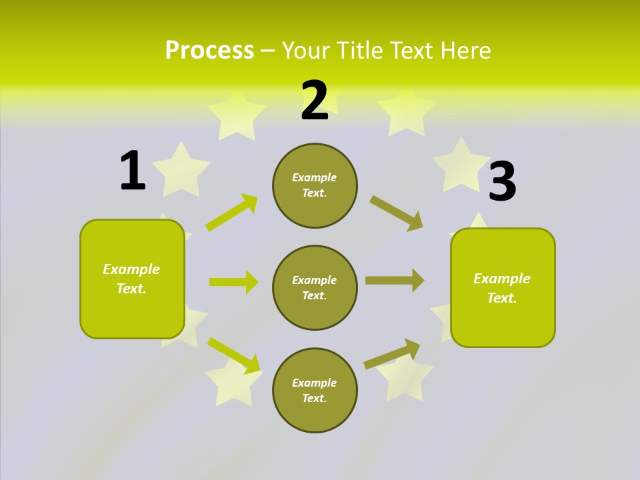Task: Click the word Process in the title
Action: click(209, 51)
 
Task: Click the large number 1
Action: click(133, 171)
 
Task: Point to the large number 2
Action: click(315, 101)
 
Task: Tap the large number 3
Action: click(502, 182)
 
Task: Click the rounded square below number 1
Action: click(132, 279)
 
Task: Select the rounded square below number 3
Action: click(503, 288)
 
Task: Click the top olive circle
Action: click(315, 185)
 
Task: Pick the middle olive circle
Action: click(315, 288)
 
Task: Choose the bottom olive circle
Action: click(315, 391)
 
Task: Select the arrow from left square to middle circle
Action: click(233, 282)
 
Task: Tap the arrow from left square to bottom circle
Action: click(234, 355)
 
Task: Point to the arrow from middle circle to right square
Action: click(395, 281)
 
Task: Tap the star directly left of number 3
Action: click(461, 165)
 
